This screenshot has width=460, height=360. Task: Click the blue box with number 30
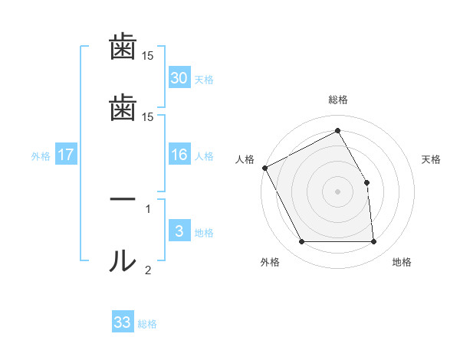179,78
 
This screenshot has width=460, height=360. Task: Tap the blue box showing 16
179,155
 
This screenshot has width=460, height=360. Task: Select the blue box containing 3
179,232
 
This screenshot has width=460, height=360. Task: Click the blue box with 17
66,155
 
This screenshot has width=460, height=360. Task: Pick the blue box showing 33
123,322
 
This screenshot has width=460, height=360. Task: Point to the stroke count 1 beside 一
148,209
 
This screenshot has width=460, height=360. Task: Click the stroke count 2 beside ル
148,270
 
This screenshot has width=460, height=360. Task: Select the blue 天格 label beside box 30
204,80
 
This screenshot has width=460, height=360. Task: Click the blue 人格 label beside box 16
204,156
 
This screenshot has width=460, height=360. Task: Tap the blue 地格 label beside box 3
204,233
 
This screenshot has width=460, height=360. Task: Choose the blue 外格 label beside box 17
41,156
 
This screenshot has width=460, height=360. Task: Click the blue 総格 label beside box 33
147,324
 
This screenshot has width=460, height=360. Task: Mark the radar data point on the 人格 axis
264,168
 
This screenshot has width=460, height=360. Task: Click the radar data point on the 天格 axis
366,182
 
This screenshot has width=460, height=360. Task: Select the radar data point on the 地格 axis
373,242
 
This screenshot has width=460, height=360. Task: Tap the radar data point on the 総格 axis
337,130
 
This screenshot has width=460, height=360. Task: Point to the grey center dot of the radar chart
337,191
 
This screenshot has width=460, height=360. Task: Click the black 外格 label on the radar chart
270,262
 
